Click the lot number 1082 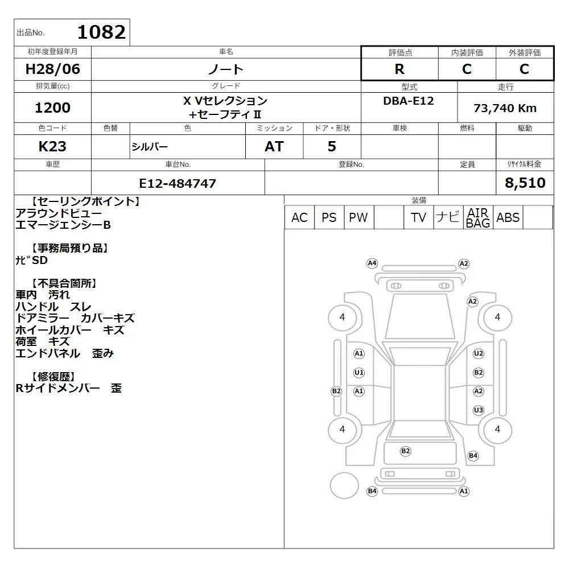[x=102, y=32]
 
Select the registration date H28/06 [x=52, y=69]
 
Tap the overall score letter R [x=399, y=69]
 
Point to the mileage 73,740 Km [x=505, y=108]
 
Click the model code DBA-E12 [x=409, y=101]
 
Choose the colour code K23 [x=52, y=146]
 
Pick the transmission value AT [x=274, y=146]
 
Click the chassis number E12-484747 [x=178, y=183]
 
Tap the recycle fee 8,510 [x=525, y=183]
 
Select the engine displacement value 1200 [x=52, y=108]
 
